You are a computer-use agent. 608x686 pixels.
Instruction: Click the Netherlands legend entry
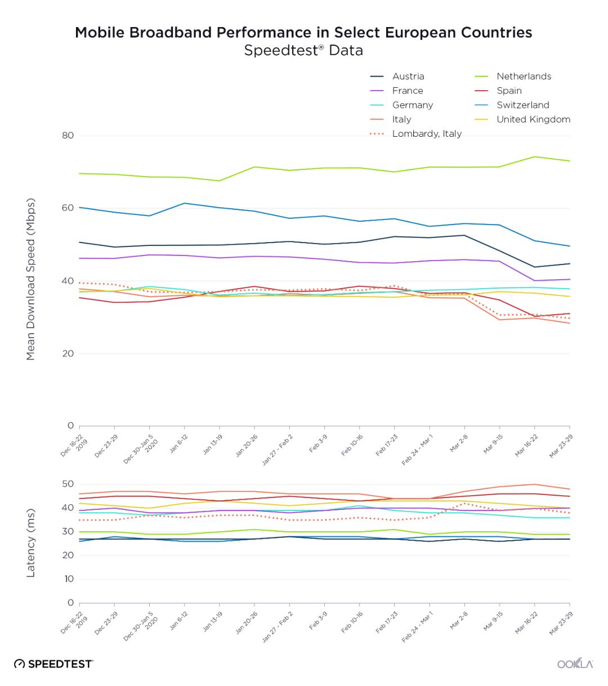coord(524,77)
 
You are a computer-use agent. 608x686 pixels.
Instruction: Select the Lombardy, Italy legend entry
coord(426,134)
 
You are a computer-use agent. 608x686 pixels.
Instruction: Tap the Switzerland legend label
coord(522,105)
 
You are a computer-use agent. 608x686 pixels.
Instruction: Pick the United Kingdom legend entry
coord(533,119)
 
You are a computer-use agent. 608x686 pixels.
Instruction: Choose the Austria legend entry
coord(408,77)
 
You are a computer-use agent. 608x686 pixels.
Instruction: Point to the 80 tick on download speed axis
coord(68,136)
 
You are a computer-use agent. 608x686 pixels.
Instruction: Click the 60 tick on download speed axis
coord(68,208)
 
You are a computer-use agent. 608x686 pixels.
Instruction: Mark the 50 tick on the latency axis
coord(68,484)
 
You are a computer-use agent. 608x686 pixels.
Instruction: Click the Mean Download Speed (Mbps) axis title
coord(31,279)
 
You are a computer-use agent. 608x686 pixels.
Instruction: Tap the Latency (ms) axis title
coord(31,543)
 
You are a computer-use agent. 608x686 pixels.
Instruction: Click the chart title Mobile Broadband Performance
coord(303,32)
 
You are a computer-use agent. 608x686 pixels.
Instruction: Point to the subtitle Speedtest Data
coord(303,51)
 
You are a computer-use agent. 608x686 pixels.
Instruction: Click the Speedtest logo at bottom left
coord(53,664)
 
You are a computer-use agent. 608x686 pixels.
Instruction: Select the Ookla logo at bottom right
coord(575,664)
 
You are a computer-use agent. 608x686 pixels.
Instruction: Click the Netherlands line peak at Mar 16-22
coord(535,157)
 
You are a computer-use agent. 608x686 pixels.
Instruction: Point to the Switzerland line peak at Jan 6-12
coord(185,203)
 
